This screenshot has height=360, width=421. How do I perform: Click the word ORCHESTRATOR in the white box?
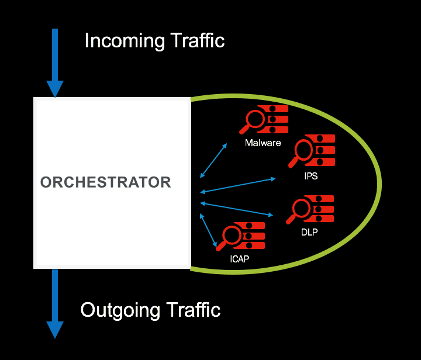106,182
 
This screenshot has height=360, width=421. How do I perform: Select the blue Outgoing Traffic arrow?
55,304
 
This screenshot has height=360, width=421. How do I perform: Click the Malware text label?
263,143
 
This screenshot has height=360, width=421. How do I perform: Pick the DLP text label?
309,233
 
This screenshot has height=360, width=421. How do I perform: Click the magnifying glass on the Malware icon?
255,120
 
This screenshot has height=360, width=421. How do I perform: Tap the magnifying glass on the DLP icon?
301,209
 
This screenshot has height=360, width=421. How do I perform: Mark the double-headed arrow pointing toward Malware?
213,160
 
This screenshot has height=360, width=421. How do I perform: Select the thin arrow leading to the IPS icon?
238,185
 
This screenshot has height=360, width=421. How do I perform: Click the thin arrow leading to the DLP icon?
237,209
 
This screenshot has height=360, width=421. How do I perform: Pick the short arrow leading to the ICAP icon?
209,230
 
